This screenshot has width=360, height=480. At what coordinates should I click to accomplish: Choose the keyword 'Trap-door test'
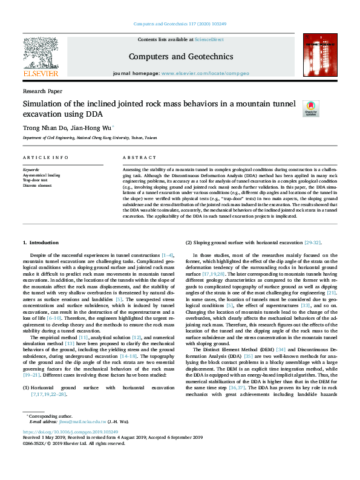[34, 180]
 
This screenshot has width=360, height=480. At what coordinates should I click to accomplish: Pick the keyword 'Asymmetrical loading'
[40, 175]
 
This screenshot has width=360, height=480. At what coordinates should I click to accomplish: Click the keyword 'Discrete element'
[37, 185]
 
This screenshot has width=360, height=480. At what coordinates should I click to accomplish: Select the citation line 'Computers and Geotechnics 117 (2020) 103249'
[179, 25]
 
